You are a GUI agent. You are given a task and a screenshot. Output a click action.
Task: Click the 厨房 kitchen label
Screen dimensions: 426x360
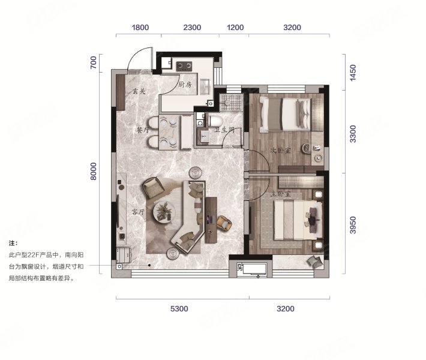185,85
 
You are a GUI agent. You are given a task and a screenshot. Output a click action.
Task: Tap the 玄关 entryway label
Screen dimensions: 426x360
139,91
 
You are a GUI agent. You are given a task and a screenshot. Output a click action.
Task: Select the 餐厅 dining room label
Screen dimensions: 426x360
143,130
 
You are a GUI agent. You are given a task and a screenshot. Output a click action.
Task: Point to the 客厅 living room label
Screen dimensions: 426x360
138,212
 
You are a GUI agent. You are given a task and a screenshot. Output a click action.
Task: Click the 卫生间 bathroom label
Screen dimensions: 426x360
224,130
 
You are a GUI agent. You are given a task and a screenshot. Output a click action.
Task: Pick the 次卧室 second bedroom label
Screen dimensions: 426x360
281,150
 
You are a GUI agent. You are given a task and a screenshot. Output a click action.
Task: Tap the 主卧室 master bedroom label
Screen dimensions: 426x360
281,194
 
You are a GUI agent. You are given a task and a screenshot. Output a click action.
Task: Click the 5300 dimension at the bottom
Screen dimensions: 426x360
179,309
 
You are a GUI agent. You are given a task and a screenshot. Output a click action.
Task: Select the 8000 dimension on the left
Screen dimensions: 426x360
93,171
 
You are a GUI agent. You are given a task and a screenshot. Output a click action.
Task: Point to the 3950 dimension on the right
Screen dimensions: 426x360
353,225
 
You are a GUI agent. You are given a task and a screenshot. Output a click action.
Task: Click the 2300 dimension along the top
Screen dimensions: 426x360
192,28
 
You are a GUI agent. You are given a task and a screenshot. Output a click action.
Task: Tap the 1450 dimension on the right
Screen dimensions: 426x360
353,73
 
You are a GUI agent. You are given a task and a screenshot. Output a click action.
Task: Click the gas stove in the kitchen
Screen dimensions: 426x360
184,66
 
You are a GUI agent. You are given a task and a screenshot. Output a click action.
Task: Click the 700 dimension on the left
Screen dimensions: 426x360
93,62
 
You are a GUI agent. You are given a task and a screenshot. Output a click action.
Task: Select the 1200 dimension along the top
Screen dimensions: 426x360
235,28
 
